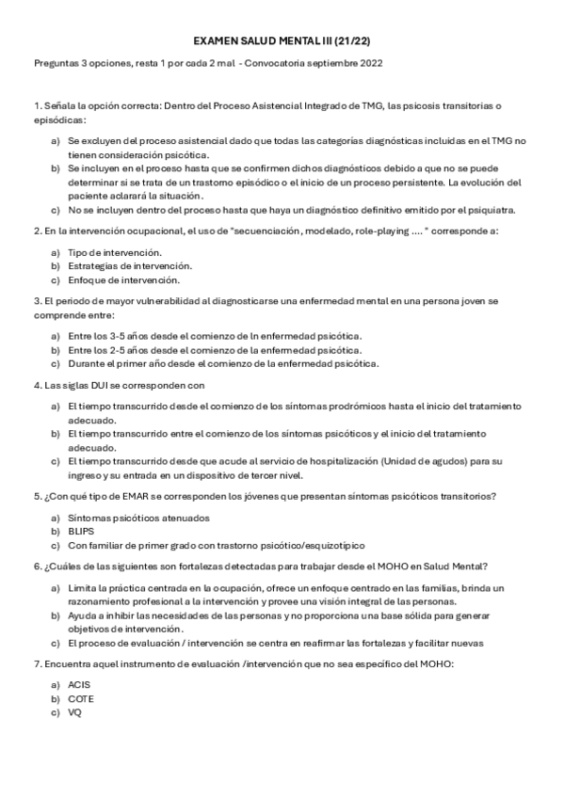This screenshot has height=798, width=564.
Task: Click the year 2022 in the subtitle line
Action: coord(369,63)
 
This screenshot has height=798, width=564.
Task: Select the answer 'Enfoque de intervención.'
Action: coord(123,279)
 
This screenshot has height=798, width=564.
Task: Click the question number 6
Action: coord(36,567)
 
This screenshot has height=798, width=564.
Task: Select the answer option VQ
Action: coord(75,713)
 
